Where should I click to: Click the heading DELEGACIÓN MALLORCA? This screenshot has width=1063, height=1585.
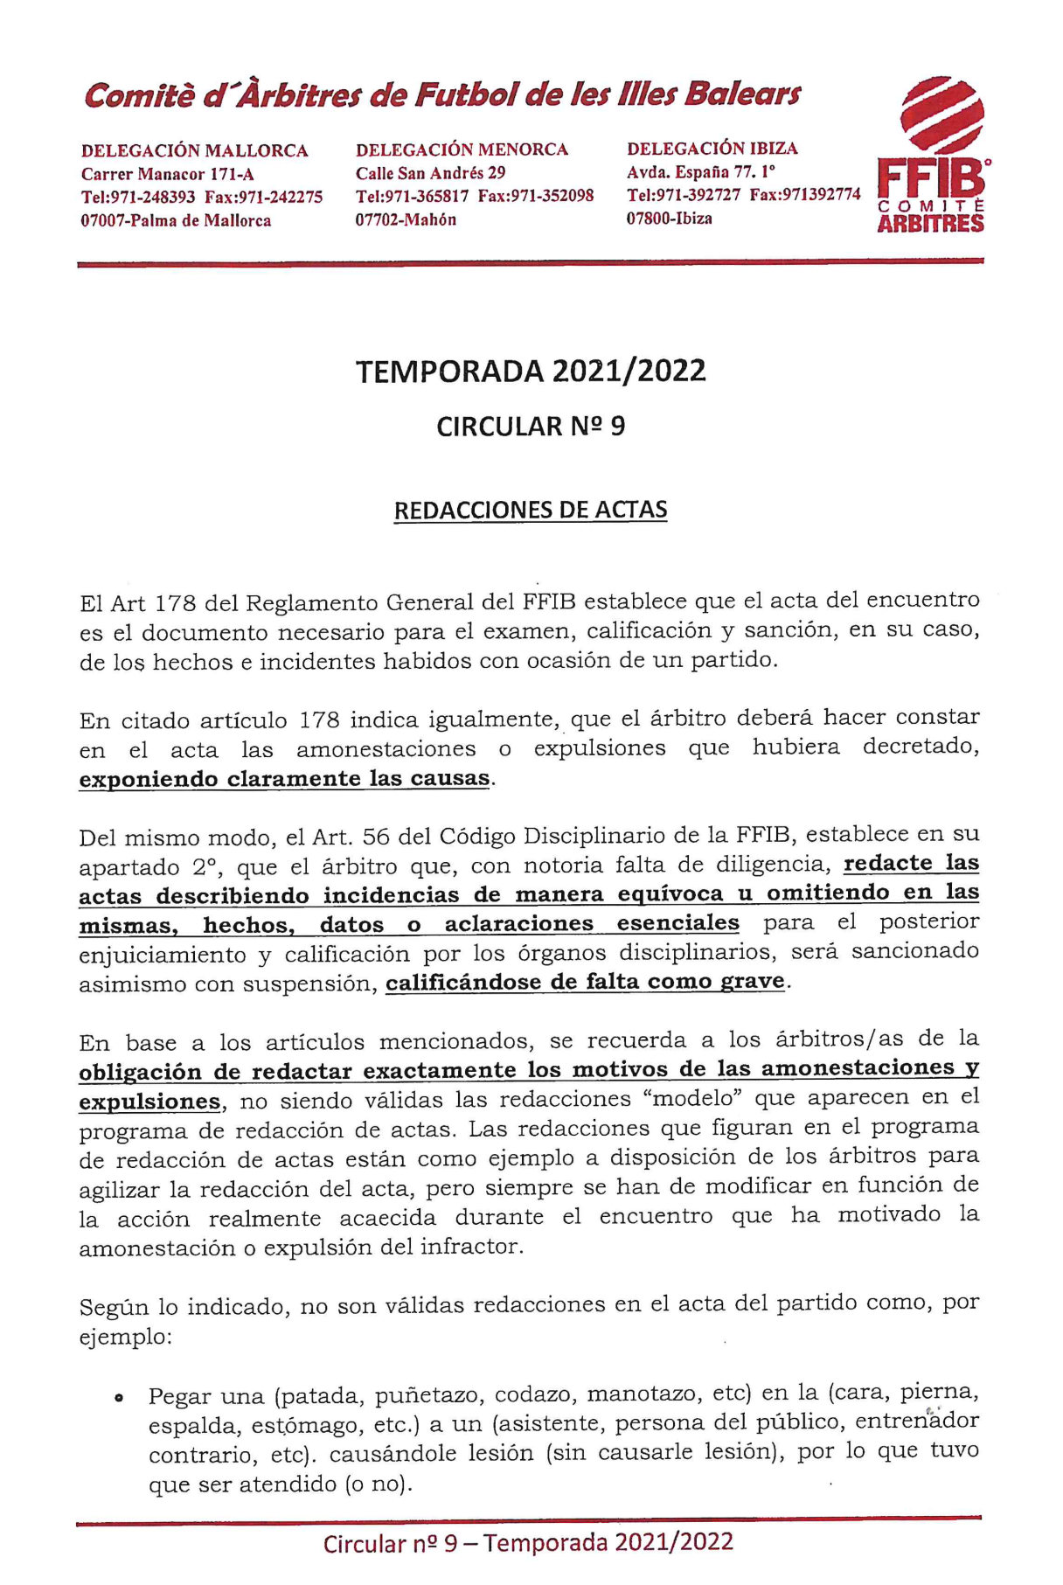[194, 151]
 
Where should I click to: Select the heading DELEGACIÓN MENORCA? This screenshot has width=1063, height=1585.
[462, 149]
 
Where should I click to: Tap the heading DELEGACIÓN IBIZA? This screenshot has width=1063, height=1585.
[712, 149]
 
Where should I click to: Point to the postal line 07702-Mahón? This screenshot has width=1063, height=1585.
[406, 219]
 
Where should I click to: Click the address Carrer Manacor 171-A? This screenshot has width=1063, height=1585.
[168, 174]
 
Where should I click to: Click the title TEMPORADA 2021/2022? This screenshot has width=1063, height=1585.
[531, 372]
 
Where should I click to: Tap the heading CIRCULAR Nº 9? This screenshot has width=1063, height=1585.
[531, 427]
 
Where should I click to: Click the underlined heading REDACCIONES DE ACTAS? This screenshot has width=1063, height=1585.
[531, 511]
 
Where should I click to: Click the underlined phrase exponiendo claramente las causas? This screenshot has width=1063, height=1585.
[284, 779]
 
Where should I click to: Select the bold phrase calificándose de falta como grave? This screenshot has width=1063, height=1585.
[585, 982]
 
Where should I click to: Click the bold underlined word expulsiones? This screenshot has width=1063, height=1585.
[149, 1102]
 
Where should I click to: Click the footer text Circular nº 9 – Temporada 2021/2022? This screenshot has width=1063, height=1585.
[528, 1543]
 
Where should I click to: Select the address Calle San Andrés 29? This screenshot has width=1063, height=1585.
[430, 173]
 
